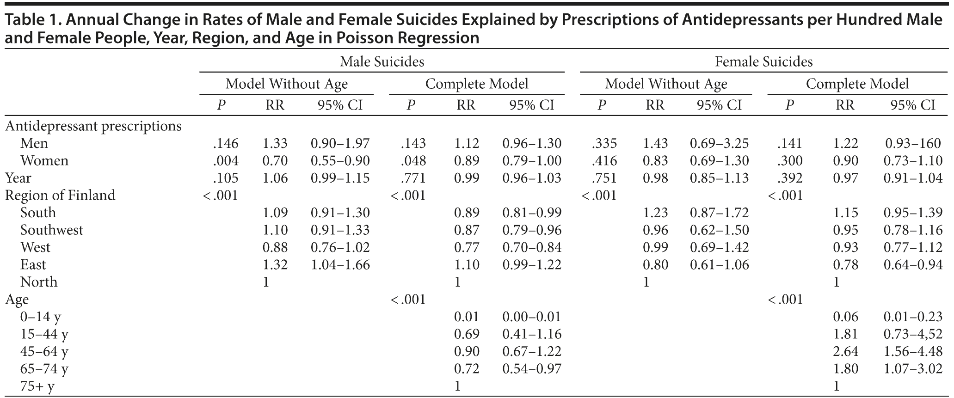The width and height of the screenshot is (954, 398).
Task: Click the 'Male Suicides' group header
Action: pos(382,61)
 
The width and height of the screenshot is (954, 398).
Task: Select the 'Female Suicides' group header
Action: pos(763,61)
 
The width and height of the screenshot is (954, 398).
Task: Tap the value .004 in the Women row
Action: pos(226,161)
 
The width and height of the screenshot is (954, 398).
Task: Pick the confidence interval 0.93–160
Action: pos(913,144)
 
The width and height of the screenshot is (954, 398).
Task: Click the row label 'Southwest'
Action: pos(52,230)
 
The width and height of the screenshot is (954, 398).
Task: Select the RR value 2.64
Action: pos(845,351)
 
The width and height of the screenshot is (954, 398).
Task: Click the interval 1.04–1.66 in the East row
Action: pos(340,265)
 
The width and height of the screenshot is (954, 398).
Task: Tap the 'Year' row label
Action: pos(18,178)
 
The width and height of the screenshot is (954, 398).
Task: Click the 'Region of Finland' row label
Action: pos(60,196)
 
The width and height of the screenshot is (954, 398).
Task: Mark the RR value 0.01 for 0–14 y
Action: pos(466,317)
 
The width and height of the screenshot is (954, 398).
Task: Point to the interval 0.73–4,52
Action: pos(913,334)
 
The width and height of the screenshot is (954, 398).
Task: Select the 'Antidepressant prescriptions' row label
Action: pos(93,126)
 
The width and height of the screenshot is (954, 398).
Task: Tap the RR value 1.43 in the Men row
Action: pos(655,144)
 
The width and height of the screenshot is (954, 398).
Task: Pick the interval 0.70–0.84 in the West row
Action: pos(532,248)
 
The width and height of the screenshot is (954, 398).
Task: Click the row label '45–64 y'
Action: pos(44,351)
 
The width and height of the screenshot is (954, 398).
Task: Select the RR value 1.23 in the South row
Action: pos(655,213)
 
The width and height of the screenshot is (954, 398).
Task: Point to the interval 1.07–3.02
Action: pos(913,369)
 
